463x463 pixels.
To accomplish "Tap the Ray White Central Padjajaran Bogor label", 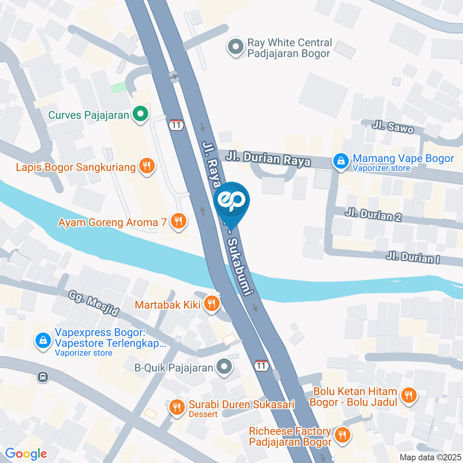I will click(x=289, y=48).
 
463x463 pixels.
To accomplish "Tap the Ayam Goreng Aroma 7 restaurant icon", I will click(x=179, y=222).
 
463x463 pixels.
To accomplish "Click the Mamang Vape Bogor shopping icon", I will click(x=341, y=162).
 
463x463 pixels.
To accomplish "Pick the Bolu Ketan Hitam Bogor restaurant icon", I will click(x=409, y=395).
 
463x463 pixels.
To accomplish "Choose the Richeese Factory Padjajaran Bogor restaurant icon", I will click(x=343, y=436).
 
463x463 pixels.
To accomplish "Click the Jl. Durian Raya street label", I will click(x=269, y=159).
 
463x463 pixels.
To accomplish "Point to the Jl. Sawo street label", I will click(x=393, y=127).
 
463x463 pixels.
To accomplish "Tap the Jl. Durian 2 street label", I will click(x=373, y=215).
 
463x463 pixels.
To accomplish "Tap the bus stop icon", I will click(x=43, y=377).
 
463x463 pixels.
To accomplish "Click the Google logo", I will click(x=26, y=453).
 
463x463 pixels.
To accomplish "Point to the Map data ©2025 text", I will click(x=430, y=457).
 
